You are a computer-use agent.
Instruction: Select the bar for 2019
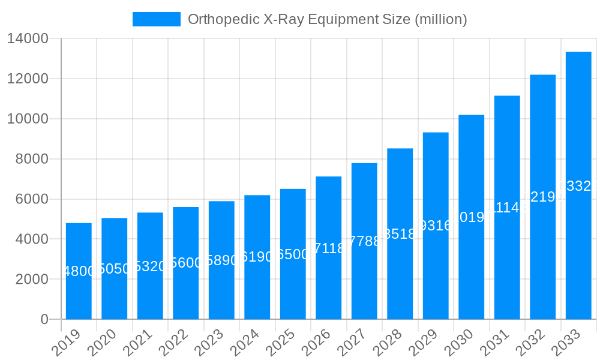[79, 271]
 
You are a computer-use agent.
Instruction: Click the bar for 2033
[578, 185]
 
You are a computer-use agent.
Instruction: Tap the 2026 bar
[329, 248]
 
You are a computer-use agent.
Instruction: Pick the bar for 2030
[472, 217]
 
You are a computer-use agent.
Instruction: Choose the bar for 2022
[186, 263]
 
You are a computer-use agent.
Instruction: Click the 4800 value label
[79, 271]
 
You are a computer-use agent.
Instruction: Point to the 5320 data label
[150, 266]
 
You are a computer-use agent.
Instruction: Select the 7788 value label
[364, 241]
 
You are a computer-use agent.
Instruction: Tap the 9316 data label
[436, 226]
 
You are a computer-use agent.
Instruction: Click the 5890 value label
[221, 260]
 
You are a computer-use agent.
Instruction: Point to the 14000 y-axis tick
[28, 39]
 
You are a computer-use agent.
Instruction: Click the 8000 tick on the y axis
[32, 159]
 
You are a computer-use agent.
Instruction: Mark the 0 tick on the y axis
[44, 319]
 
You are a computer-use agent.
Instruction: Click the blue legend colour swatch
[157, 19]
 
